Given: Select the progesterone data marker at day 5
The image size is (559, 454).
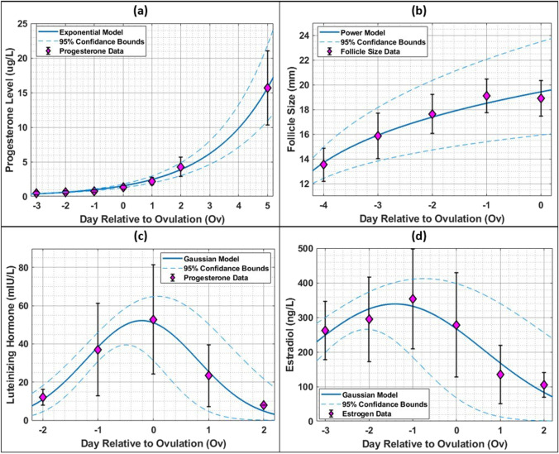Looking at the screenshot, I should click(x=267, y=88).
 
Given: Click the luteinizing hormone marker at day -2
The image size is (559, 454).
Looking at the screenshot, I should click(x=43, y=398).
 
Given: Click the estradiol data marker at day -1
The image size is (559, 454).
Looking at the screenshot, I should click(x=413, y=299).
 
